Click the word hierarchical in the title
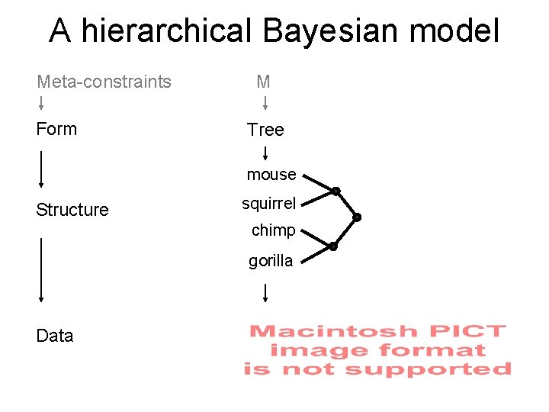[166, 31]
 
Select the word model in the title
[454, 31]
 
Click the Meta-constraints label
[104, 82]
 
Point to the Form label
[56, 129]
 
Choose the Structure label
[72, 210]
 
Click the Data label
[55, 336]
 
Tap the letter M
[264, 82]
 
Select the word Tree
[265, 130]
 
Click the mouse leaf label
[271, 175]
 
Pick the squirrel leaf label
[268, 204]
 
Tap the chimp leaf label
[273, 230]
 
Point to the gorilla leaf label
[271, 261]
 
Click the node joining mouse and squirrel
[335, 191]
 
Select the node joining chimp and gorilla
[333, 246]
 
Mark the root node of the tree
[357, 217]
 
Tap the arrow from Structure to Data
[40, 270]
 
